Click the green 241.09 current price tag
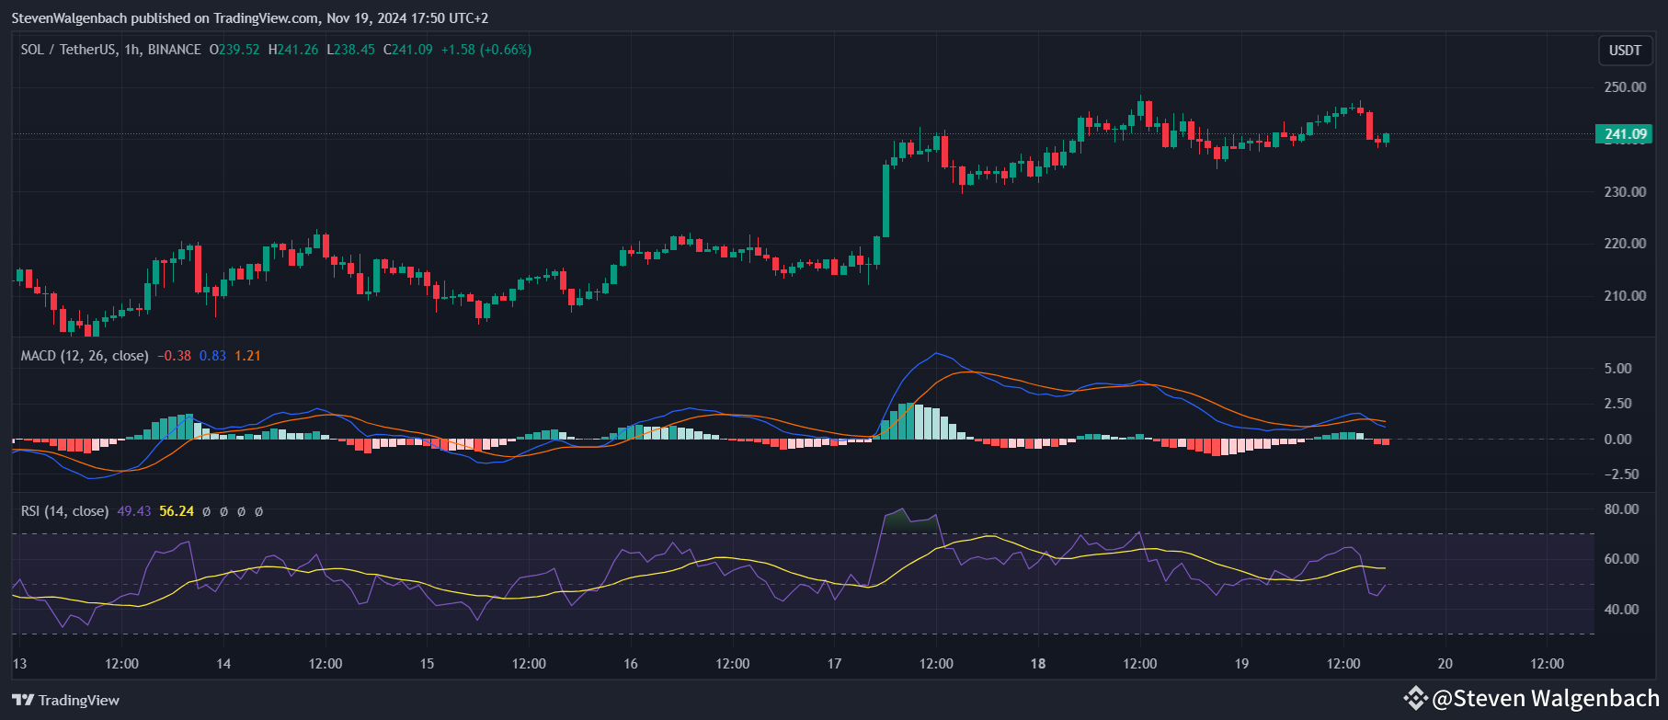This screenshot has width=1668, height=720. [x=1624, y=134]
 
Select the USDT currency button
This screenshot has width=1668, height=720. [x=1625, y=51]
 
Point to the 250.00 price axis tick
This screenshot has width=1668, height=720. [x=1625, y=87]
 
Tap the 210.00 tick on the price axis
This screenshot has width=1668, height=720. [x=1625, y=296]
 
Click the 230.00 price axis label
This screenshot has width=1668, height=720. [x=1625, y=192]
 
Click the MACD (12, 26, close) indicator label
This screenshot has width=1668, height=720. [x=85, y=356]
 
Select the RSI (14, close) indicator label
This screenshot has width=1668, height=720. [x=64, y=511]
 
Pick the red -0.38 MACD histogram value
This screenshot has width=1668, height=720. [x=175, y=356]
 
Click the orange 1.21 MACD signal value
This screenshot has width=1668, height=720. [x=247, y=356]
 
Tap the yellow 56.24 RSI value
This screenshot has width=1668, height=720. [x=177, y=511]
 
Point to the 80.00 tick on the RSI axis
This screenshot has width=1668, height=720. [x=1621, y=509]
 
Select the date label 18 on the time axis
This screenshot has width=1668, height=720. [x=1038, y=664]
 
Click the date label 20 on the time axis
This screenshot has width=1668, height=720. [x=1445, y=664]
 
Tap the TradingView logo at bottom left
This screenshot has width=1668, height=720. [x=66, y=701]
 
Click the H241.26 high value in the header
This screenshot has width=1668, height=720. [x=293, y=50]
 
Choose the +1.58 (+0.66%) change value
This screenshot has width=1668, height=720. [x=486, y=50]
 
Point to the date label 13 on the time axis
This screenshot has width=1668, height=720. [x=20, y=664]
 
